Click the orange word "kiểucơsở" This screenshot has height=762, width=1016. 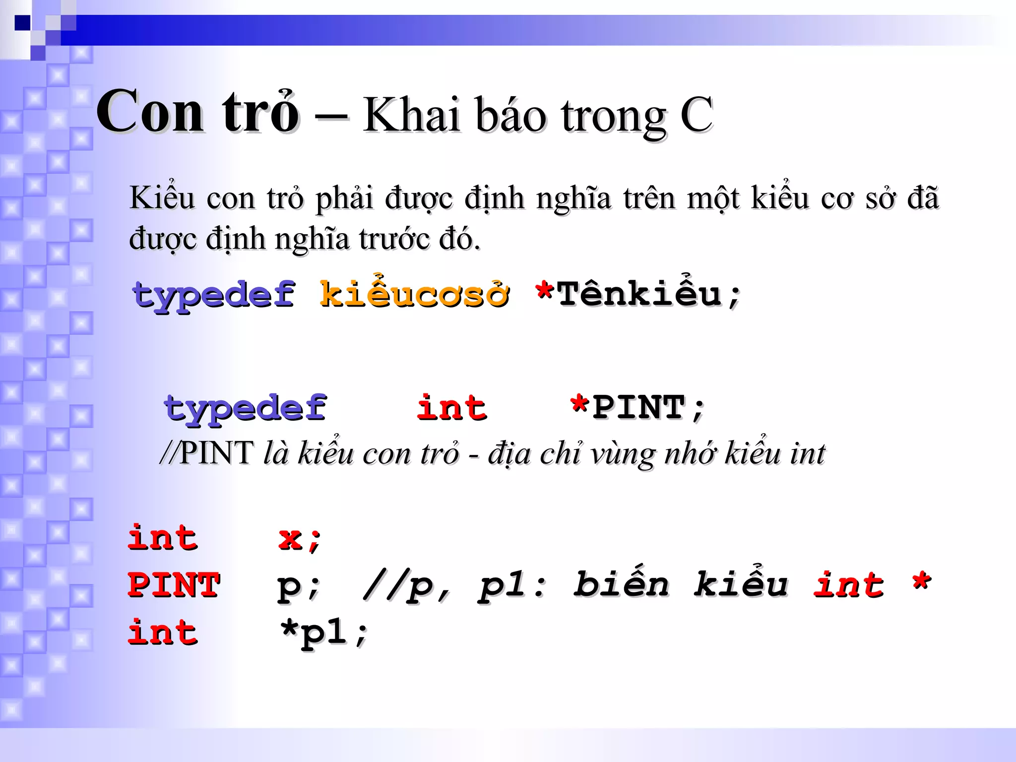414,295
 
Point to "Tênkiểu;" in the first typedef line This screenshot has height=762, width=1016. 649,295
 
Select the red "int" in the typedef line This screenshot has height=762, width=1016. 451,408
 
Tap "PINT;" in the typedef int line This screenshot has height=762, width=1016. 648,408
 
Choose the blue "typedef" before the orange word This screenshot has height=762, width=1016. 214,296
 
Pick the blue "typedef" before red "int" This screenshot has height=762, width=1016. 246,409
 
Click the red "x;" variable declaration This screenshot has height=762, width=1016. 300,539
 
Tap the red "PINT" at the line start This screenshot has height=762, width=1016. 174,584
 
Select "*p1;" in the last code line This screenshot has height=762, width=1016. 323,633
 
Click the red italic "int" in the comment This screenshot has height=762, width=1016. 848,584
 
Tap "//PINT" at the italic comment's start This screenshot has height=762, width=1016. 207,452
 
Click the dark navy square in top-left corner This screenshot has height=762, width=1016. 22,23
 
